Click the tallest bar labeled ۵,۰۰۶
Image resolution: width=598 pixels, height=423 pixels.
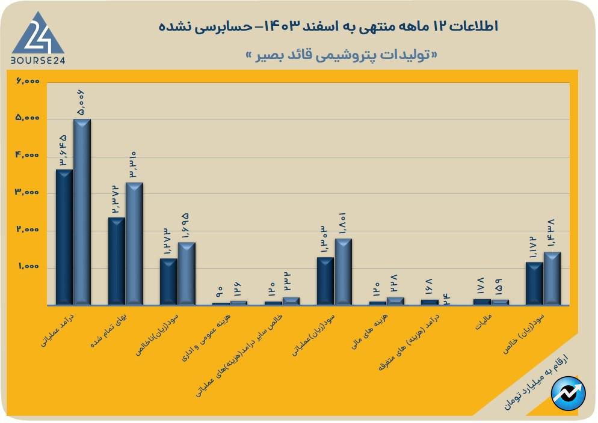82,210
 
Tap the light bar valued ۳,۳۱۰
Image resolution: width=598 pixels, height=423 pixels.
134,243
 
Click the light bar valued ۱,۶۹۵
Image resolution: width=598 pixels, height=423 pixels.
186,273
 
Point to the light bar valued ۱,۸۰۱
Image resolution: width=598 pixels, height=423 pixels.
344,271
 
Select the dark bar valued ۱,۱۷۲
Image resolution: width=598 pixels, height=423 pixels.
534,283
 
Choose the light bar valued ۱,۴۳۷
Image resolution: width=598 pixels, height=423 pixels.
552,278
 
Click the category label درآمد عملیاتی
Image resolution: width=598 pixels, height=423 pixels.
57,329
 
